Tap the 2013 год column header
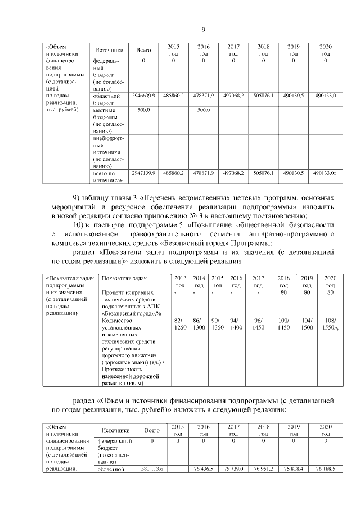click(x=180, y=282)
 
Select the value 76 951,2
click(x=263, y=468)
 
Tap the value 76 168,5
click(x=325, y=468)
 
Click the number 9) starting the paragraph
click(x=79, y=199)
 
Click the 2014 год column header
click(x=199, y=282)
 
